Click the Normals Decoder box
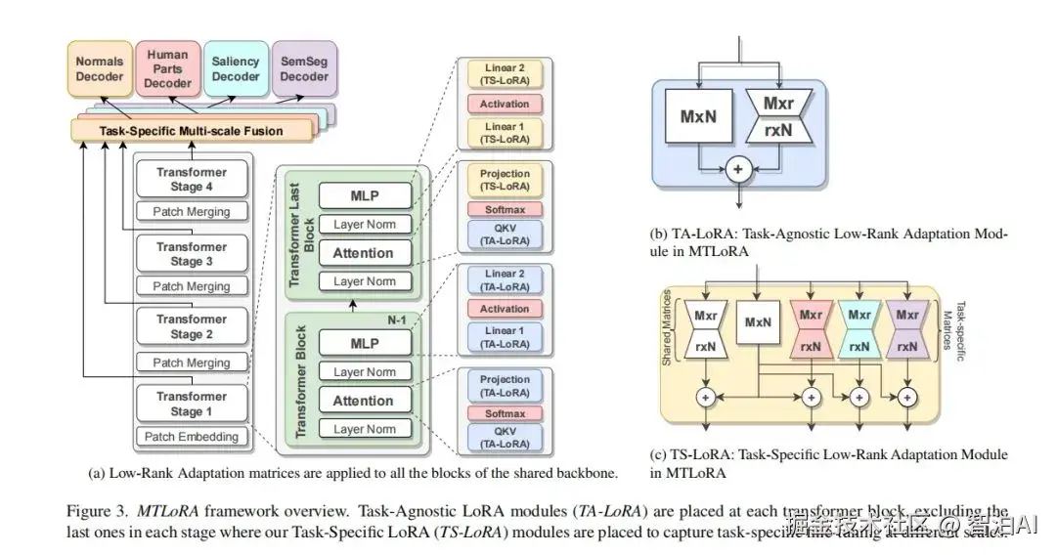(99, 68)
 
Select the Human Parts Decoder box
(168, 68)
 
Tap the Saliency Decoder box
(235, 68)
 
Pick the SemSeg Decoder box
(304, 68)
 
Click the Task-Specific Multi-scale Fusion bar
(191, 130)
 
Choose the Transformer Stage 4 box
(192, 179)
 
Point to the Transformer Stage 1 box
(192, 404)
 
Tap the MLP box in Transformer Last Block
(365, 195)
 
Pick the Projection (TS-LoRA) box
(505, 180)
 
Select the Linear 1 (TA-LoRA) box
(505, 338)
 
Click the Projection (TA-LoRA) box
(505, 385)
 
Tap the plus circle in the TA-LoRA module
(738, 169)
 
